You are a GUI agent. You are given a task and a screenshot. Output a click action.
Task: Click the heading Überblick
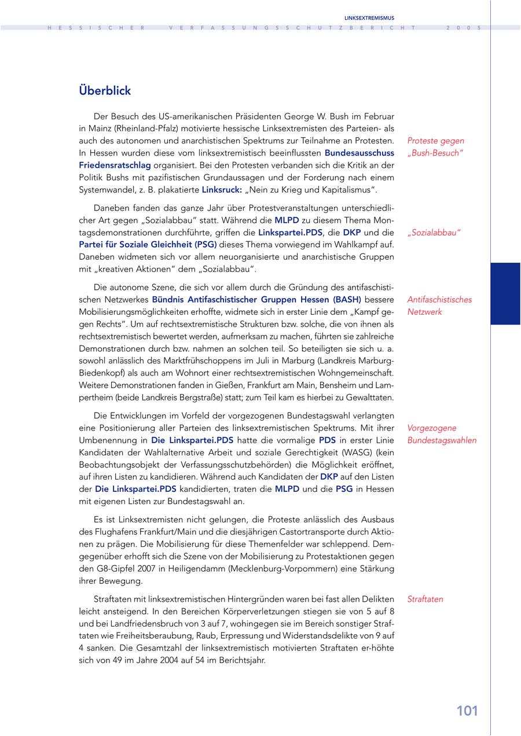(105, 91)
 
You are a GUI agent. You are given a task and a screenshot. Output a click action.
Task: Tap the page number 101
(467, 711)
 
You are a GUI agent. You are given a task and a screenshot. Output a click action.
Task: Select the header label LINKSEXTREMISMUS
(369, 18)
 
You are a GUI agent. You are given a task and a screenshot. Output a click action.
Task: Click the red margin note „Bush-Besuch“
(435, 153)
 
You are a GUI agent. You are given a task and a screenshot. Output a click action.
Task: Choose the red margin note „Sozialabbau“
(434, 233)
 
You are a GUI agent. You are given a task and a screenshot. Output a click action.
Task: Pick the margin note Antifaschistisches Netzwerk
(439, 306)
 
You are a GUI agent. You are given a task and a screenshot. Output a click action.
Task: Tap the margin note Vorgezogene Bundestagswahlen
(442, 434)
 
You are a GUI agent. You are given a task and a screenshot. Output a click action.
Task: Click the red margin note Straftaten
(425, 599)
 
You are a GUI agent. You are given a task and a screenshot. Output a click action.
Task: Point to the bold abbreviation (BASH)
(347, 300)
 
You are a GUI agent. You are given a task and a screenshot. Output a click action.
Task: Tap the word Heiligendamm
(200, 569)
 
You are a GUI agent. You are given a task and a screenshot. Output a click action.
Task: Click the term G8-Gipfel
(112, 569)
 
